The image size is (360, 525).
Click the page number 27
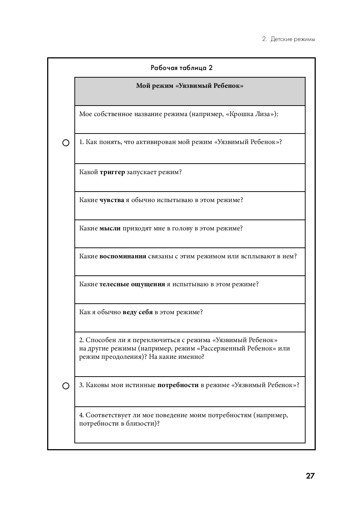tap(310, 476)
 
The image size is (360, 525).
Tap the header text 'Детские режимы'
tap(292, 39)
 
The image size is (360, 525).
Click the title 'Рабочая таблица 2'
tap(181, 68)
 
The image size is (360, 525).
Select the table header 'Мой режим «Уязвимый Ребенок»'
tap(190, 86)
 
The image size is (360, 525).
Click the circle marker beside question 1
tap(66, 143)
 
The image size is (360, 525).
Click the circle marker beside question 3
tap(66, 386)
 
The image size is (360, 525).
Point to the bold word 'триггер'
tap(112, 172)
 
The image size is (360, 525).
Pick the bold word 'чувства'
tap(112, 200)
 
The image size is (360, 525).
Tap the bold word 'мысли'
tap(110, 228)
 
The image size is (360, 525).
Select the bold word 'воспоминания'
tap(123, 256)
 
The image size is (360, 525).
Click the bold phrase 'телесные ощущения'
tap(132, 284)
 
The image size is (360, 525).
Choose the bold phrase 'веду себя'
tap(138, 312)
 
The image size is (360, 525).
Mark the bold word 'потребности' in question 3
tap(178, 385)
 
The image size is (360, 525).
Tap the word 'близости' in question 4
tap(143, 423)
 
